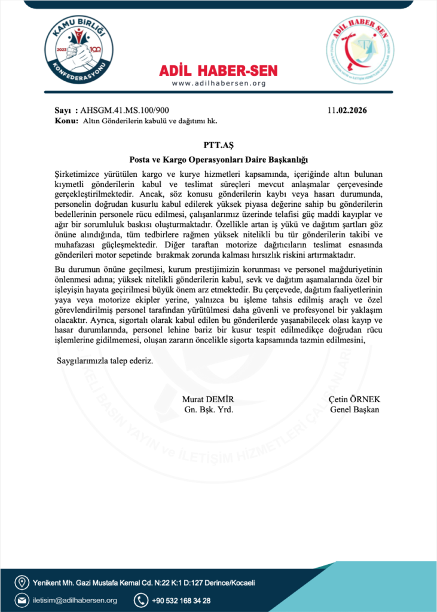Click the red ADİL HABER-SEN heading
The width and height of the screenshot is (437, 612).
[x=219, y=71]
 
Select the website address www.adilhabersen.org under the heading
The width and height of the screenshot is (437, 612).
[x=219, y=83]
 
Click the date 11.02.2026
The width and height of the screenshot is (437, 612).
[x=347, y=111]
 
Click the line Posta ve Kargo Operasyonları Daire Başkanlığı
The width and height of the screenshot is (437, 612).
[x=218, y=160]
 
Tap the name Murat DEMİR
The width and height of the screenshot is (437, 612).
[x=207, y=399]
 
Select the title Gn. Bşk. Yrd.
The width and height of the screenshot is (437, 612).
[x=207, y=409]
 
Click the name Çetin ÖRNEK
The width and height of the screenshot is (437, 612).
[x=355, y=399]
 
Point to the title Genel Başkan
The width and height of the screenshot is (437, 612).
[x=355, y=409]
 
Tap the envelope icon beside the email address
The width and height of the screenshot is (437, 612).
[x=22, y=600]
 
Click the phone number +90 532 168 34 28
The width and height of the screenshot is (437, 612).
[x=181, y=600]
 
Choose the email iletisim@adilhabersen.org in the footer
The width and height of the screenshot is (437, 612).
[x=74, y=600]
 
